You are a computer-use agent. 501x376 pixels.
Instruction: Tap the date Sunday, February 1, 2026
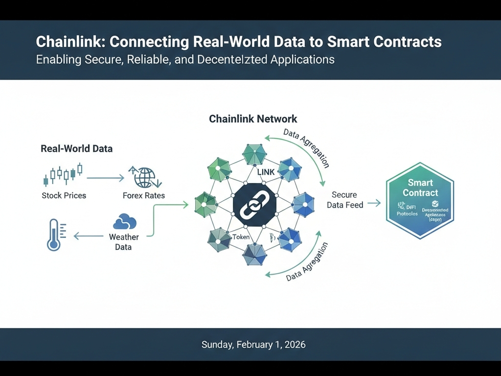[x=253, y=345]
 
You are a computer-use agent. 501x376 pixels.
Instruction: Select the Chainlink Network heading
[x=253, y=119]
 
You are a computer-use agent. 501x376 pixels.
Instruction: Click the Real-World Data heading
[x=76, y=148]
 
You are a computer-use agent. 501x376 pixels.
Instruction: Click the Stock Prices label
[x=64, y=195]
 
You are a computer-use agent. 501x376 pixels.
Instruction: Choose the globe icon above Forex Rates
[x=144, y=177]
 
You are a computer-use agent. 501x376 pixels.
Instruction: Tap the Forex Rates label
[x=144, y=195]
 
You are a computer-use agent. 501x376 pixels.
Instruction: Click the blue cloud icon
[x=124, y=222]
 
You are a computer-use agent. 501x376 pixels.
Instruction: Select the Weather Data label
[x=124, y=242]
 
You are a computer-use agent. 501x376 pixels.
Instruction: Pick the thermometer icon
[x=54, y=235]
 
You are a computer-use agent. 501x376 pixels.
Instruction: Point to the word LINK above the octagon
[x=266, y=172]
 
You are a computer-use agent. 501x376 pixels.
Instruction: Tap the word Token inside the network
[x=241, y=237]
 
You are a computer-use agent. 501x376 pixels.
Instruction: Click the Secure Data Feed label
[x=345, y=200]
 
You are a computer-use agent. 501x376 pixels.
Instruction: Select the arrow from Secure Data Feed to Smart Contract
[x=374, y=203]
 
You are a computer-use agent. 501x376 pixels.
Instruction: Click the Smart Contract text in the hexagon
[x=420, y=188]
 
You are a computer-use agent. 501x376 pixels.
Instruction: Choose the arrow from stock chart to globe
[x=105, y=178]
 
